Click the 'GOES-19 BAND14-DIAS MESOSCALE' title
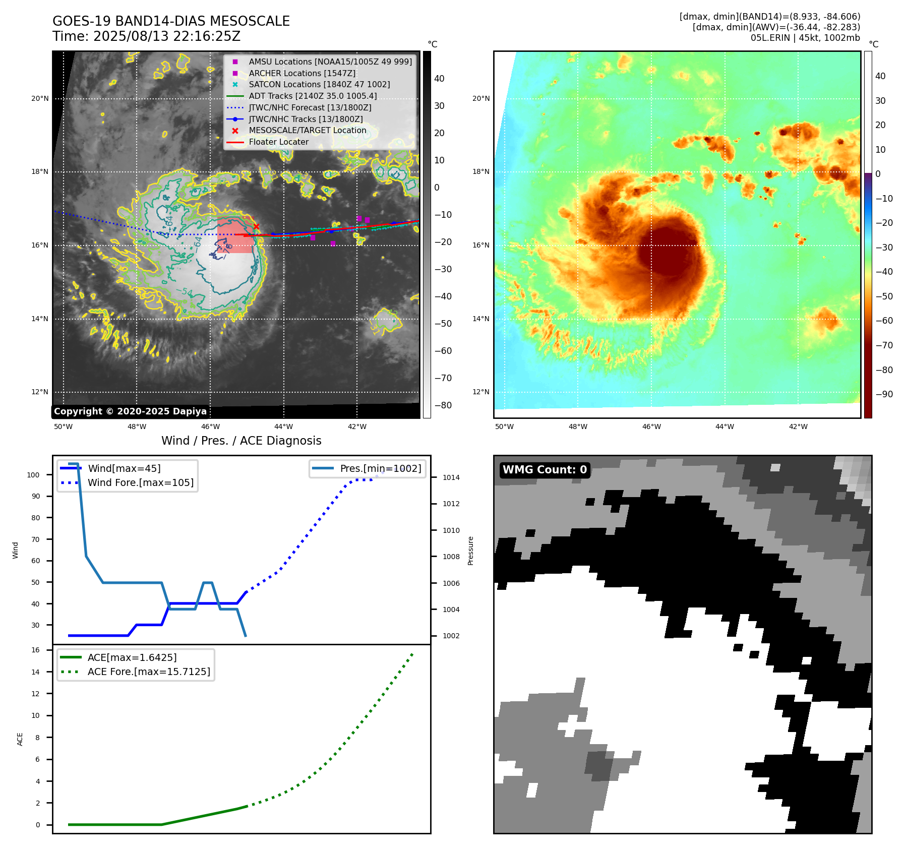(171, 21)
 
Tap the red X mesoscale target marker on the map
(256, 227)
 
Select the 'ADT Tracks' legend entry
(313, 96)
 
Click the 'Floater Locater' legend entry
(278, 142)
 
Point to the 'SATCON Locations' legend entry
(319, 84)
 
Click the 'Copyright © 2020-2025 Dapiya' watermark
(130, 411)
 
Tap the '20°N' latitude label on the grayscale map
(40, 98)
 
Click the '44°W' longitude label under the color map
(724, 427)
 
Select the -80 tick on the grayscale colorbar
(443, 405)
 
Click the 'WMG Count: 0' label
(545, 470)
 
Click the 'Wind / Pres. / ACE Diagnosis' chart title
(241, 441)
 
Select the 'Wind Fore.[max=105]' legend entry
(140, 482)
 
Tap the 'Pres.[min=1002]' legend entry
(380, 468)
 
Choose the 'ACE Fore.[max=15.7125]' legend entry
(149, 672)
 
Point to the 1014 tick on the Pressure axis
(451, 477)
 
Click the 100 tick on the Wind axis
(33, 475)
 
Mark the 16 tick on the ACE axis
(36, 650)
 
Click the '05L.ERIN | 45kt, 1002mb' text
(805, 38)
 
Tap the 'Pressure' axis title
(470, 551)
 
